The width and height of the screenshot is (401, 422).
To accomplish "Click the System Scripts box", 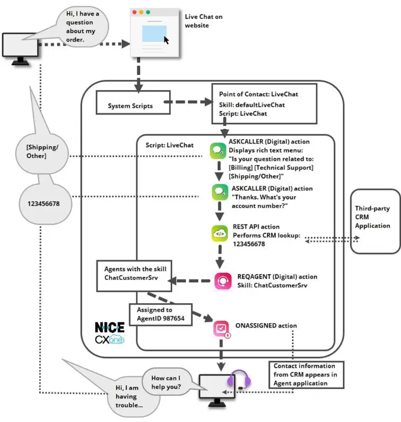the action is click(x=133, y=102).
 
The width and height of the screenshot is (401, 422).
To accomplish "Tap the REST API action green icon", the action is click(x=220, y=233).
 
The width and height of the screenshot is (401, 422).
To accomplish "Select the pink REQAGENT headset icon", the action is click(x=223, y=281).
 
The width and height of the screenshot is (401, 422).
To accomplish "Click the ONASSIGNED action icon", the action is click(x=222, y=329).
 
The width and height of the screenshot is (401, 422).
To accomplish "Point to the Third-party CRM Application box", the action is click(x=375, y=221).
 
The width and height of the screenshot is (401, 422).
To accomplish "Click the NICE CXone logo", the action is click(x=110, y=333).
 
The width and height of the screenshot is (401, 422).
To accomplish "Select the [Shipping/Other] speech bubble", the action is click(x=42, y=153).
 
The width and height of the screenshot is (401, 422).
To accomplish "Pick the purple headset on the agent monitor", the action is click(x=239, y=379).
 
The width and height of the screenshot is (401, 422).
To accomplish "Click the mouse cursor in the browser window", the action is click(x=166, y=40).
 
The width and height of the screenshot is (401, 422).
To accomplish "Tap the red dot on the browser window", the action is click(x=135, y=12).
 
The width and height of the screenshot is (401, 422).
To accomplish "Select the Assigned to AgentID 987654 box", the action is click(x=161, y=315).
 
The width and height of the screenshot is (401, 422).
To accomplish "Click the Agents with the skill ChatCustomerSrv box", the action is click(x=134, y=276).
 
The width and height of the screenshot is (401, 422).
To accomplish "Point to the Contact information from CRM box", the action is click(x=306, y=374).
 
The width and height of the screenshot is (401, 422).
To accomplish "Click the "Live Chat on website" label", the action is click(x=203, y=21).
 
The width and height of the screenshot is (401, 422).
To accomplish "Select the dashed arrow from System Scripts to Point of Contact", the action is click(x=189, y=102).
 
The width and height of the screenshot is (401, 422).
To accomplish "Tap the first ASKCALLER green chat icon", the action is click(x=218, y=151).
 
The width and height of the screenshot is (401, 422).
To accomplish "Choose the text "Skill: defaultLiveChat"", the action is click(x=251, y=105).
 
